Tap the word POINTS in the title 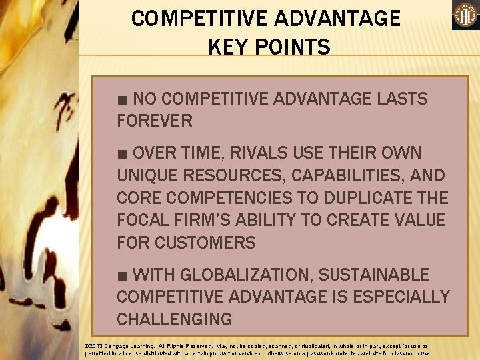click(x=293, y=47)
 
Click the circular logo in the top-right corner click(x=465, y=15)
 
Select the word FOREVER click(x=155, y=121)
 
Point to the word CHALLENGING click(x=174, y=319)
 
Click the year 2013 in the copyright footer click(x=96, y=347)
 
